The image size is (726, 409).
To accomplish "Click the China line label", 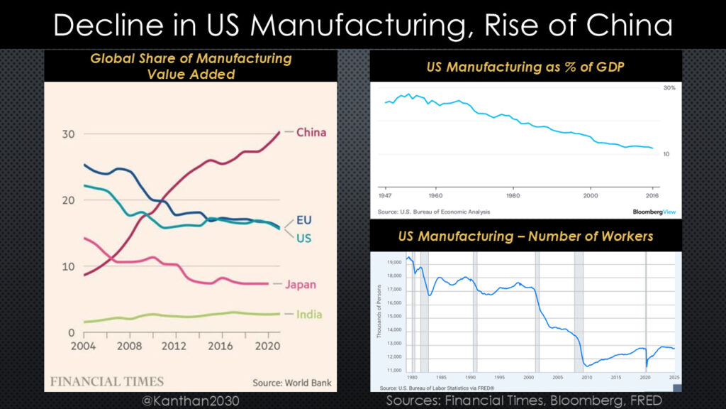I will tap(311, 132).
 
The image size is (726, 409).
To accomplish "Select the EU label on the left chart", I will tap(303, 220).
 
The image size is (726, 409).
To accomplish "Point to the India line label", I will tap(309, 314).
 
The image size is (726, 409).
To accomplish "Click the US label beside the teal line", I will tap(303, 239).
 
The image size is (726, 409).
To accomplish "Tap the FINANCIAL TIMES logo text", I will tap(107, 381).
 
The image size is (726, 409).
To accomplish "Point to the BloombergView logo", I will tap(653, 212).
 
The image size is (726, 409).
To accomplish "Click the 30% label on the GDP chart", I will tap(669, 88).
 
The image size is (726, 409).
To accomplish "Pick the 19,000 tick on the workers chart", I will tap(392, 262).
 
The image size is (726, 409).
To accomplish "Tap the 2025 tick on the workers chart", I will tap(674, 377).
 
